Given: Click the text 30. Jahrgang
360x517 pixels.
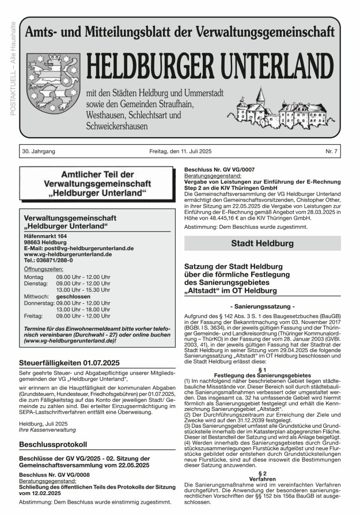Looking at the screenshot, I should point(39,151).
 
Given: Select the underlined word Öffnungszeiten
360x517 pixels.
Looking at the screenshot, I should point(43,269).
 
